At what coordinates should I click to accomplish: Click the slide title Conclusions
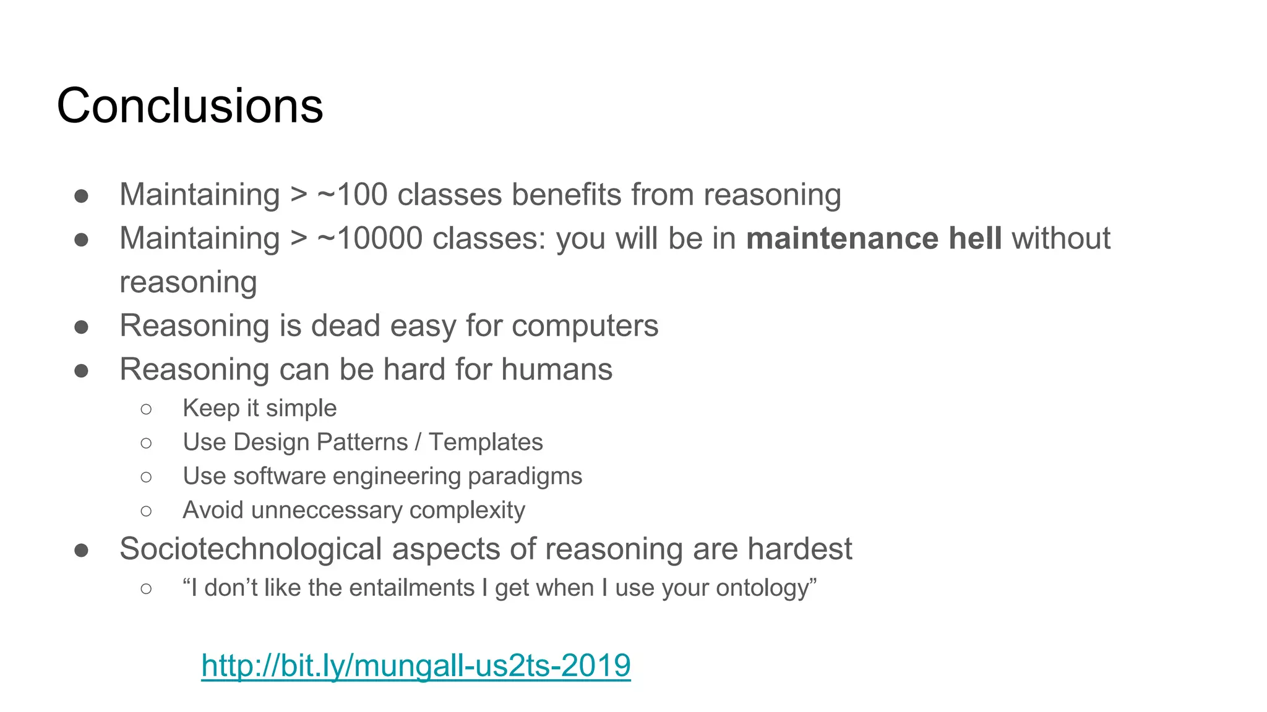coord(190,106)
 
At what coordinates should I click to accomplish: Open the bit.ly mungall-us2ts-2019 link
coord(416,666)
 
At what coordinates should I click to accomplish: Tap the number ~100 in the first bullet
coord(352,195)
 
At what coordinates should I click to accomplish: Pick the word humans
coord(556,370)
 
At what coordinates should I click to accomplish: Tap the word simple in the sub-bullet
coord(301,409)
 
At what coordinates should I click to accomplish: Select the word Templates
coord(486,443)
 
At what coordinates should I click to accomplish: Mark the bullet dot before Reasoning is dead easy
coord(81,327)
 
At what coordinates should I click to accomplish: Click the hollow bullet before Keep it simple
coord(146,409)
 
